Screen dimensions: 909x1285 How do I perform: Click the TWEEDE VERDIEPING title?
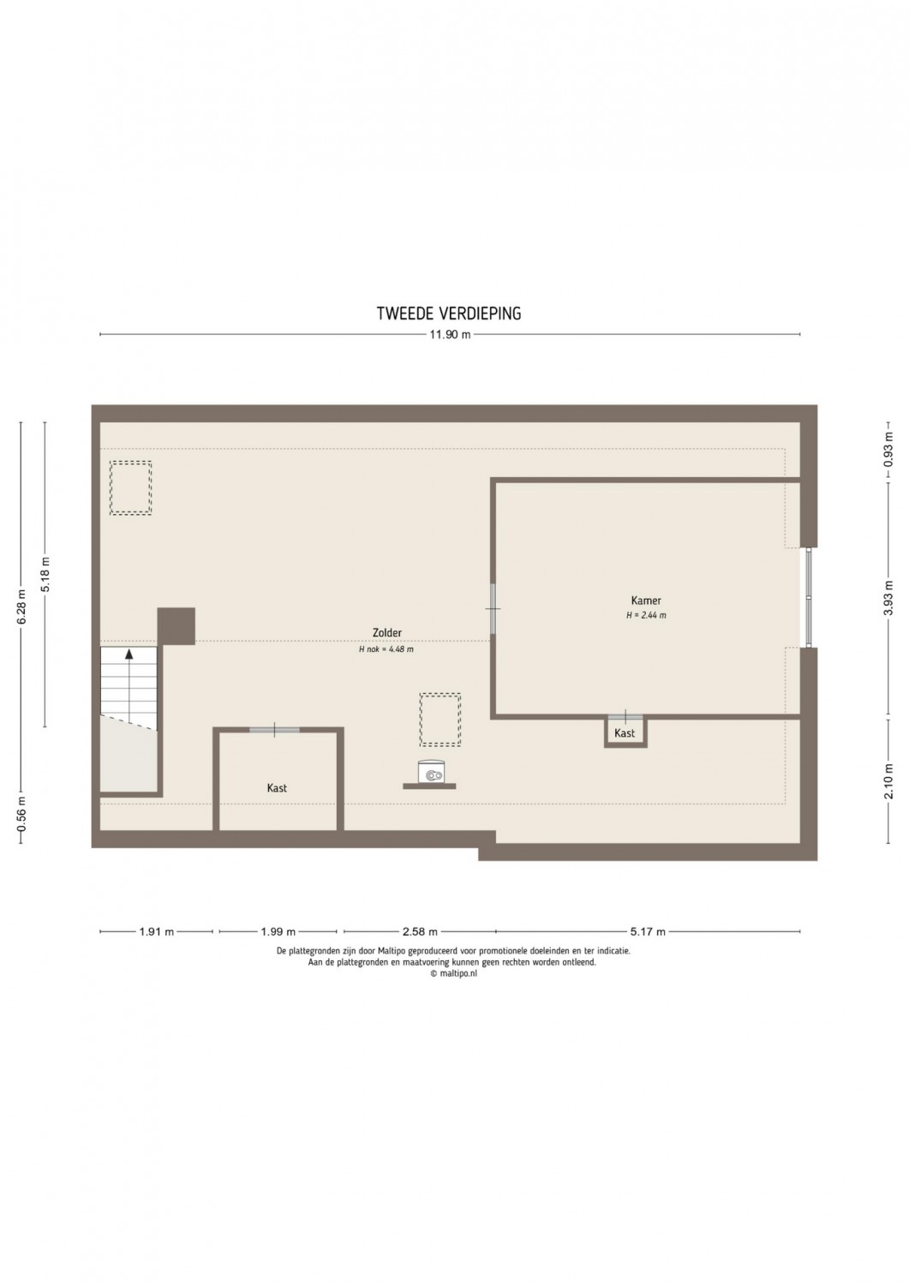(449, 314)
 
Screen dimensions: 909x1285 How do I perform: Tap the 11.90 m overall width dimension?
(450, 335)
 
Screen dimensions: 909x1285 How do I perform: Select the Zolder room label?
(386, 633)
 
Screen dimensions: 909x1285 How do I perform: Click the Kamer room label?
(646, 601)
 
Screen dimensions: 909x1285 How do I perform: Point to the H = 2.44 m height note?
(646, 616)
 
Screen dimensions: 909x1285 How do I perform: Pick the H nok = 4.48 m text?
(386, 649)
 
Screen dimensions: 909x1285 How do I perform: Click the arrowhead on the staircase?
(129, 653)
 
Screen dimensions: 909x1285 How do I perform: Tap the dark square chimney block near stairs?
(176, 626)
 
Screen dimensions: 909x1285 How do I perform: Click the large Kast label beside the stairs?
(277, 788)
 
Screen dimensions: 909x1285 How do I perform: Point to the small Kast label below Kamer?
(625, 733)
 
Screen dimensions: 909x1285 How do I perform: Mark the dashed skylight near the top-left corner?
(131, 487)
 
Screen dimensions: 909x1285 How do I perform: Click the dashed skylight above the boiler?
(440, 720)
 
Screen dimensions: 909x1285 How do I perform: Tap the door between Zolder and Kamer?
(493, 608)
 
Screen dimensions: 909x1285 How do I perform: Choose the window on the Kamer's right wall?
(809, 597)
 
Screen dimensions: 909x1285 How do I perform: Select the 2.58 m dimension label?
(420, 932)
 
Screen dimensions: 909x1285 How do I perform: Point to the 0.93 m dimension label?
(888, 451)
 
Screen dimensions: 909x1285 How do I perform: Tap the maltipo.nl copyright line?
(453, 973)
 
